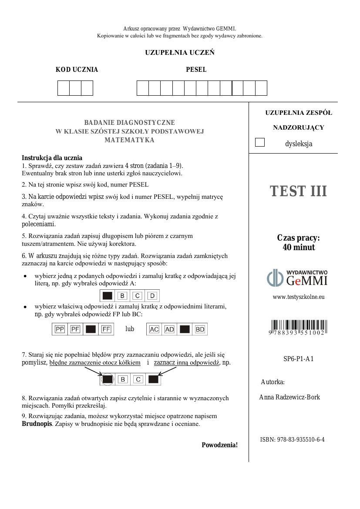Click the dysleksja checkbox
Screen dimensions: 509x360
[260, 142]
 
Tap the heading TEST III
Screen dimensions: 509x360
[298, 191]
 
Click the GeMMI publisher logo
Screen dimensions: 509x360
[297, 278]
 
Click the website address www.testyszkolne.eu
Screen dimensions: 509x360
[298, 297]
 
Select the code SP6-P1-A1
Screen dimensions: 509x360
[298, 359]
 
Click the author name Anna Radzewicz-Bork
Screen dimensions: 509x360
[289, 397]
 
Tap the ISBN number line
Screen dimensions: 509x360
[292, 439]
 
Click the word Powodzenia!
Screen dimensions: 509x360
[219, 445]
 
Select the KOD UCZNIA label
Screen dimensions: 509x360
[77, 70]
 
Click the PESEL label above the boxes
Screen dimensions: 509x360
[196, 70]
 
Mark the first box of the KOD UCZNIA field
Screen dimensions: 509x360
[64, 88]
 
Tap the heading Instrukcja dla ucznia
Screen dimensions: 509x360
[52, 158]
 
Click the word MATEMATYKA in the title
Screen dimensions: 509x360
[129, 140]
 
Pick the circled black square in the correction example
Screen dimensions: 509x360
[108, 379]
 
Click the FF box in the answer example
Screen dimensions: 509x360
[106, 329]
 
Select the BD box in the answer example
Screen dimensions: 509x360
[200, 329]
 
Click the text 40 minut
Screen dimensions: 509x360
[298, 248]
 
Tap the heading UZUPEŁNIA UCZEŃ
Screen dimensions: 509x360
[180, 53]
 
